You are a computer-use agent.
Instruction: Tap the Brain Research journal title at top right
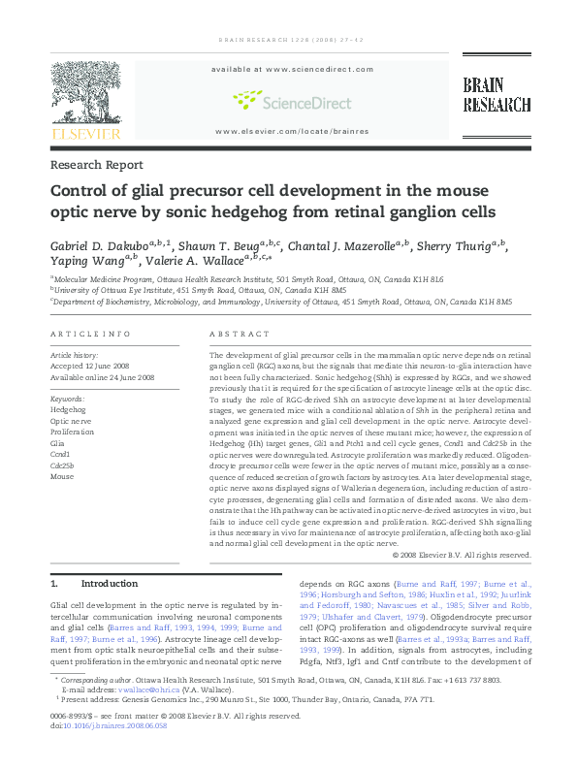[x=496, y=96]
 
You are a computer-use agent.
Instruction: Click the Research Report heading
[x=96, y=166]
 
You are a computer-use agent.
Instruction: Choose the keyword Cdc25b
[x=61, y=465]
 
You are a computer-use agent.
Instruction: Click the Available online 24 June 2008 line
[x=102, y=377]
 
